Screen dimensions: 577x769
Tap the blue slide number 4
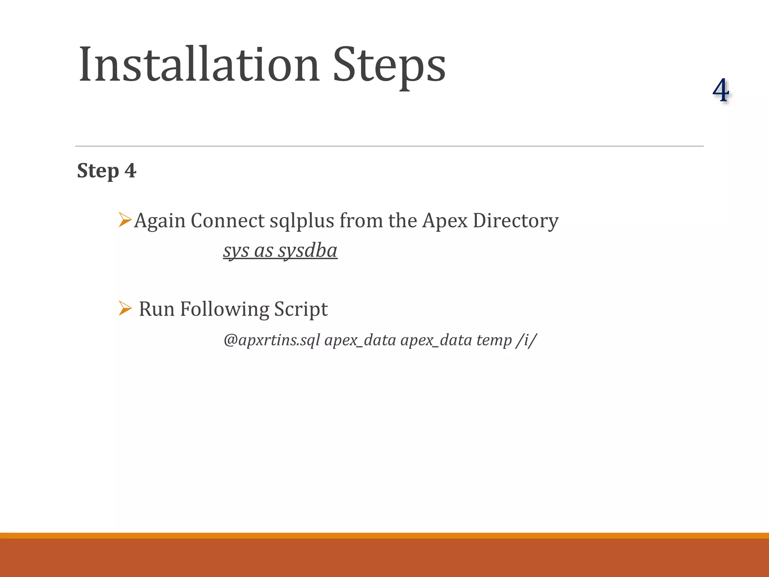(x=721, y=91)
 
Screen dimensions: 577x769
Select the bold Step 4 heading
(x=107, y=171)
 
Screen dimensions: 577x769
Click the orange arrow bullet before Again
(x=125, y=220)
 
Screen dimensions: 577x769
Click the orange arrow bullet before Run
(x=125, y=308)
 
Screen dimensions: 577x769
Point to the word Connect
(x=228, y=221)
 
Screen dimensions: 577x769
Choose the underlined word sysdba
(x=308, y=251)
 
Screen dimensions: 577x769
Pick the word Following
(x=224, y=310)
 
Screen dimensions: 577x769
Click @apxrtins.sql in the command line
(x=271, y=340)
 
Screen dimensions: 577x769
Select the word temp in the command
(x=494, y=340)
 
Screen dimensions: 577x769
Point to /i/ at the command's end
(x=527, y=340)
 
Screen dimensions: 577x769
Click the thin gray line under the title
(x=389, y=146)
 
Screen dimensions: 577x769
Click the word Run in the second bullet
(x=157, y=310)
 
